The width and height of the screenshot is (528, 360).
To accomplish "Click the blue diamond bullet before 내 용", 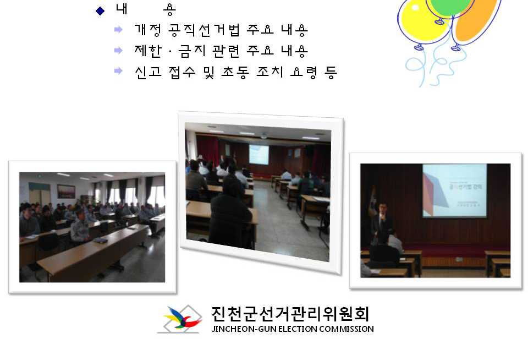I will (100, 10).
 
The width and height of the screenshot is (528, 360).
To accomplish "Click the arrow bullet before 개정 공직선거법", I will (118, 29).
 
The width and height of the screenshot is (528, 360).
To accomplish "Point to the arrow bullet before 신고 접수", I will (118, 71).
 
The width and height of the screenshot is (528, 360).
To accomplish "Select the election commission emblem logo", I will (179, 320).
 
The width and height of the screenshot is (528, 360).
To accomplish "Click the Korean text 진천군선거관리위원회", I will (290, 314).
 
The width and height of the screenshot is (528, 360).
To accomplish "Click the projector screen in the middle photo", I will (258, 154).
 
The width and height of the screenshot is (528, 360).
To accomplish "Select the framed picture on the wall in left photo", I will (66, 191).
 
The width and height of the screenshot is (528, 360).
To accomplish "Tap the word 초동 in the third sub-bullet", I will (235, 72).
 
